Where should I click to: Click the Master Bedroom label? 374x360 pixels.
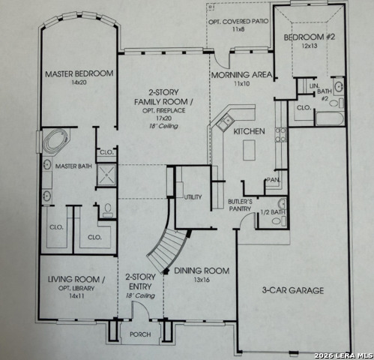(x=79, y=73)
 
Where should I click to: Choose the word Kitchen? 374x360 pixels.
(x=249, y=131)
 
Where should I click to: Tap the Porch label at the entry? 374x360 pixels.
(x=140, y=334)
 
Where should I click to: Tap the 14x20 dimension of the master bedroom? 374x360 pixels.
(x=79, y=83)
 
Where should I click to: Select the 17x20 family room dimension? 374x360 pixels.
(x=163, y=118)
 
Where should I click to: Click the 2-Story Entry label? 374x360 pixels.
(x=140, y=280)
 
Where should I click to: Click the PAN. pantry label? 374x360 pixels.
(x=274, y=181)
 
